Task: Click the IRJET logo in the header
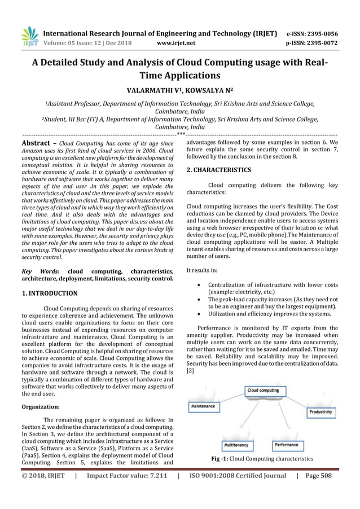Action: point(28,37)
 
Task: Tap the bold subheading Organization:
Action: point(41,406)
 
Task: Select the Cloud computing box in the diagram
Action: point(264,390)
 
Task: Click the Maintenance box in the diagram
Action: point(203,406)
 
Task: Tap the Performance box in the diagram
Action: point(287,445)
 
